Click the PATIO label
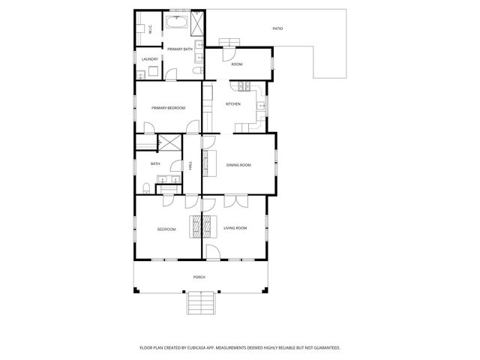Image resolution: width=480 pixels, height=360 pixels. coord(277,28)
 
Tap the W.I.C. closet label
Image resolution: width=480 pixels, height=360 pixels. coord(150,29)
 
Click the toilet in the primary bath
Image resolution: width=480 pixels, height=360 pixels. coord(197,71)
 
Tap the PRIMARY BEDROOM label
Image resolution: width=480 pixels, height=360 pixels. coord(168,108)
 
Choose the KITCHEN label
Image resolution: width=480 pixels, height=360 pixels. coord(233,103)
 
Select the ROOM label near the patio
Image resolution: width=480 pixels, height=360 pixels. coord(237,64)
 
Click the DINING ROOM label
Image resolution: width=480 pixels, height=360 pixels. coord(239,164)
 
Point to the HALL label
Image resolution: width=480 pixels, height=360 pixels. coord(191,165)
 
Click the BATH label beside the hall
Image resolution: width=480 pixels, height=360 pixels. coord(155,163)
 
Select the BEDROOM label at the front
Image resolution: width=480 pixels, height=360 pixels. coord(166,229)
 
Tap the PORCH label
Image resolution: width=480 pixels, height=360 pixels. coord(199,277)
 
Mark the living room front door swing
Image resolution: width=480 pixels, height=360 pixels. coord(212,252)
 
